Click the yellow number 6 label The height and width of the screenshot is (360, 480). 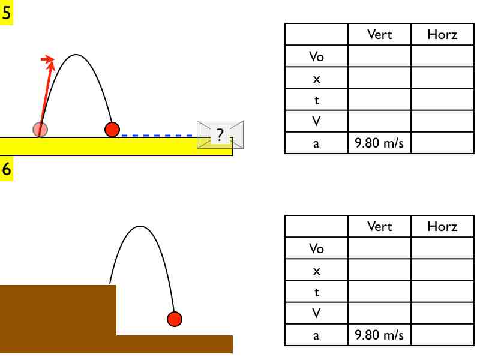point(7,169)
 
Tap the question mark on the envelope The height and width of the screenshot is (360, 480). point(220,135)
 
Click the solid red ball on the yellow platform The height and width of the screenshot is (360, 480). point(112,129)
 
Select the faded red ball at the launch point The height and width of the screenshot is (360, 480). point(40,129)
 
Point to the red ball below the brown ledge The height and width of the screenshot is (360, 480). point(174,319)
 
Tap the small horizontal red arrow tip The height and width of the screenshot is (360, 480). point(47,59)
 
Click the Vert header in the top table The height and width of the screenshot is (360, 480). point(379,35)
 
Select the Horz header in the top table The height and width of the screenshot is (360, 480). point(442,35)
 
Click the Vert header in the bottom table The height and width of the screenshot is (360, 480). point(379,227)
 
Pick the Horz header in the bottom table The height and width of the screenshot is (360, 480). point(442,227)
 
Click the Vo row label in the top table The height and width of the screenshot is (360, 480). point(316,56)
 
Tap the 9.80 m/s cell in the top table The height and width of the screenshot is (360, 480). point(379,143)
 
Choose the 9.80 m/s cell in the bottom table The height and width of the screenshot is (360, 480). point(379,335)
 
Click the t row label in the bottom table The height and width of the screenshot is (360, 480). point(316,292)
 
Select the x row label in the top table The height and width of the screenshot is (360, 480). point(316,78)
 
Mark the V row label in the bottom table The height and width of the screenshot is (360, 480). point(316,313)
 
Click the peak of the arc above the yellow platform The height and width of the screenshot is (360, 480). point(76,55)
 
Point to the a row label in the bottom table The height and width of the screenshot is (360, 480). point(316,335)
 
